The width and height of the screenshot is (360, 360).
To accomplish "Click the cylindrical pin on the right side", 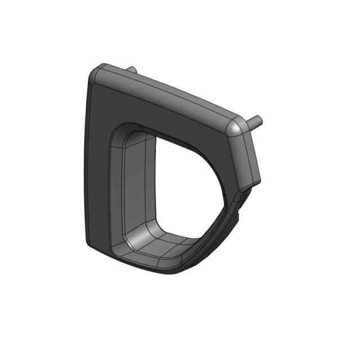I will (253, 121).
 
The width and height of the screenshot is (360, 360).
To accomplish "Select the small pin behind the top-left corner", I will (130, 70).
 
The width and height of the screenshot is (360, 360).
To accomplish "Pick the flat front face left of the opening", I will (98, 169).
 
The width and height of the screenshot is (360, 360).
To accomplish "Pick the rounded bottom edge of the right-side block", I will (247, 186).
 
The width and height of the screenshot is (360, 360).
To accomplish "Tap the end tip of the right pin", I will (258, 119).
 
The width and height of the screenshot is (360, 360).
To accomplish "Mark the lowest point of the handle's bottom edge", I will (174, 273).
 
